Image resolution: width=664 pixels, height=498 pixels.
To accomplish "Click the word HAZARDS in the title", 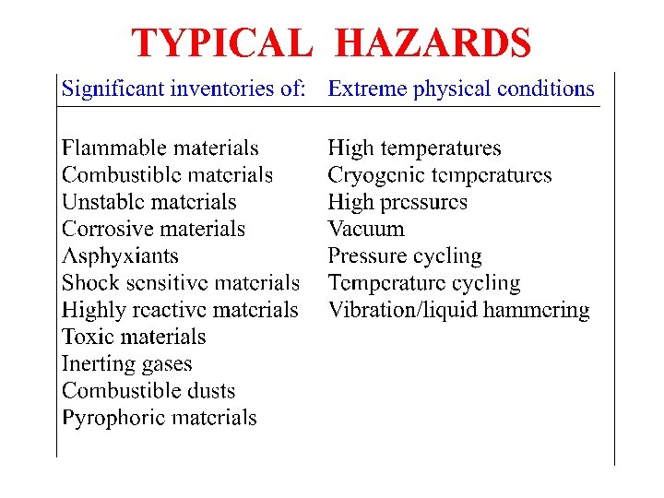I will tap(433, 43).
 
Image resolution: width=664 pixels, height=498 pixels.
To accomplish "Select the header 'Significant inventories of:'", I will tap(184, 89).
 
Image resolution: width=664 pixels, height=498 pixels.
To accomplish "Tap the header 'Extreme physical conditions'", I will tap(461, 89).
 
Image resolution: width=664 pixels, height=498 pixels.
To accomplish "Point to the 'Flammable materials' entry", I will tap(160, 148).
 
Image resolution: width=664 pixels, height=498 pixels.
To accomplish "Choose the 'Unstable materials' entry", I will tap(149, 202).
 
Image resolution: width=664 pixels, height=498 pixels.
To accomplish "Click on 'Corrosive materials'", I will tap(154, 229).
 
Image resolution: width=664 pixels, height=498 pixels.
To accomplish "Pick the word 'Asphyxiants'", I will tap(120, 256).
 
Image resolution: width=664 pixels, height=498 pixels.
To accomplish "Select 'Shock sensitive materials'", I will tap(181, 283).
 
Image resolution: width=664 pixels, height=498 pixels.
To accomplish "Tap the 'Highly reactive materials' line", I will tap(180, 310).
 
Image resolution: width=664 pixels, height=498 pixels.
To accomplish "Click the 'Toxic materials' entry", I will tap(134, 337).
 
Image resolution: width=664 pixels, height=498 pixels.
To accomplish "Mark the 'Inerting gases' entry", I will tap(127, 364).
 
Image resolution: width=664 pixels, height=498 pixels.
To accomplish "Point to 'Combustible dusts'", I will tap(148, 391).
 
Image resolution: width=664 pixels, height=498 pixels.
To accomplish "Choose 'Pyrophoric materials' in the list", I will tap(160, 418).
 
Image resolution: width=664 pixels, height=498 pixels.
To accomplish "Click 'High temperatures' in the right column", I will tap(415, 148).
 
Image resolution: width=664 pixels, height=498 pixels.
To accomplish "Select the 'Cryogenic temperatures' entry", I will tap(440, 175).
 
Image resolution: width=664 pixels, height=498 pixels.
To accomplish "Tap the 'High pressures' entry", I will tap(397, 202).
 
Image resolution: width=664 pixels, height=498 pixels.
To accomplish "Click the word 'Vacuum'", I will tap(366, 229).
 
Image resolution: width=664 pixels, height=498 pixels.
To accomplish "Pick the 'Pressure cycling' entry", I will tap(405, 256).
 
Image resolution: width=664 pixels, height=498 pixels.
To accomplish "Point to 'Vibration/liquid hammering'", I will tap(459, 310).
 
